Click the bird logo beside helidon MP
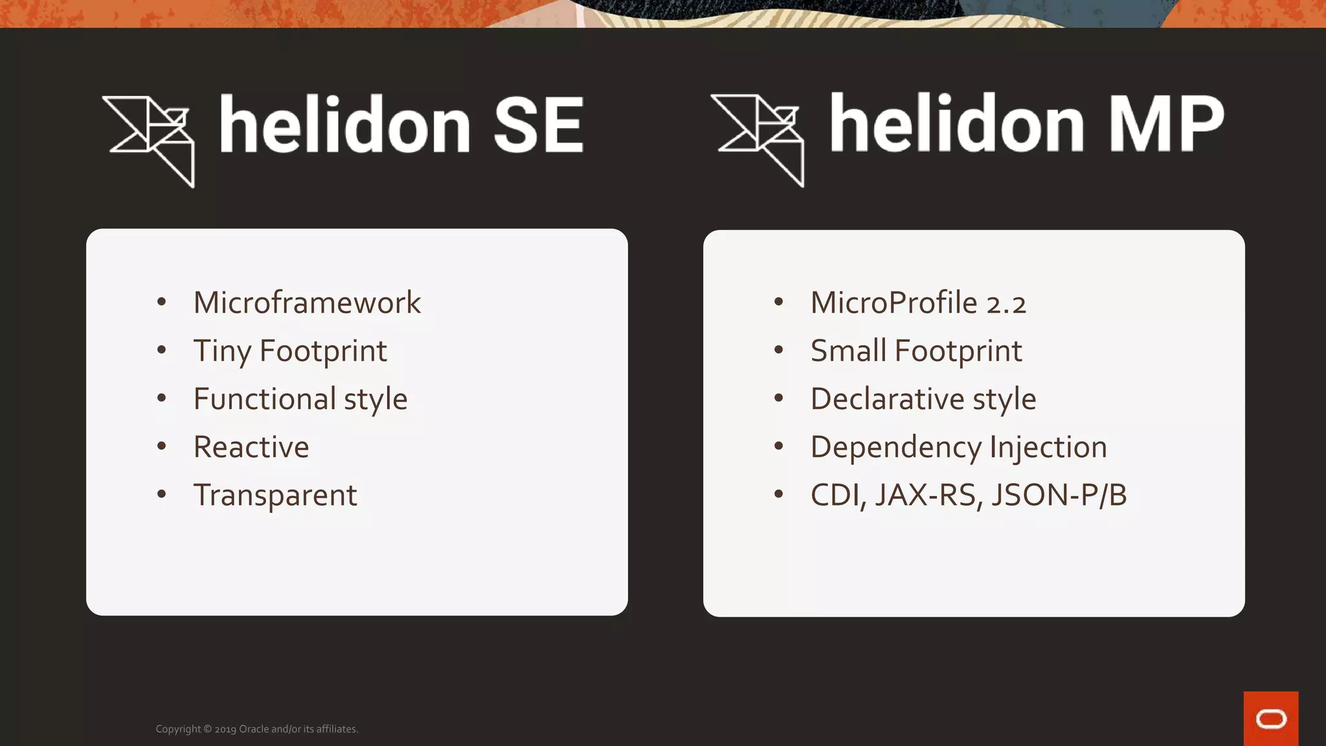(759, 139)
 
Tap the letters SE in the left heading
(538, 125)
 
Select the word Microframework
(307, 303)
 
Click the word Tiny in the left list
(221, 352)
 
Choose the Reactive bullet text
(251, 447)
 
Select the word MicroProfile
(893, 303)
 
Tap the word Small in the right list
(848, 351)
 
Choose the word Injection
(1048, 447)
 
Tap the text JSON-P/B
(1059, 495)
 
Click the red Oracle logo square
(1270, 719)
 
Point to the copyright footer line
(256, 729)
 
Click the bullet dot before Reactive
(162, 446)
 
